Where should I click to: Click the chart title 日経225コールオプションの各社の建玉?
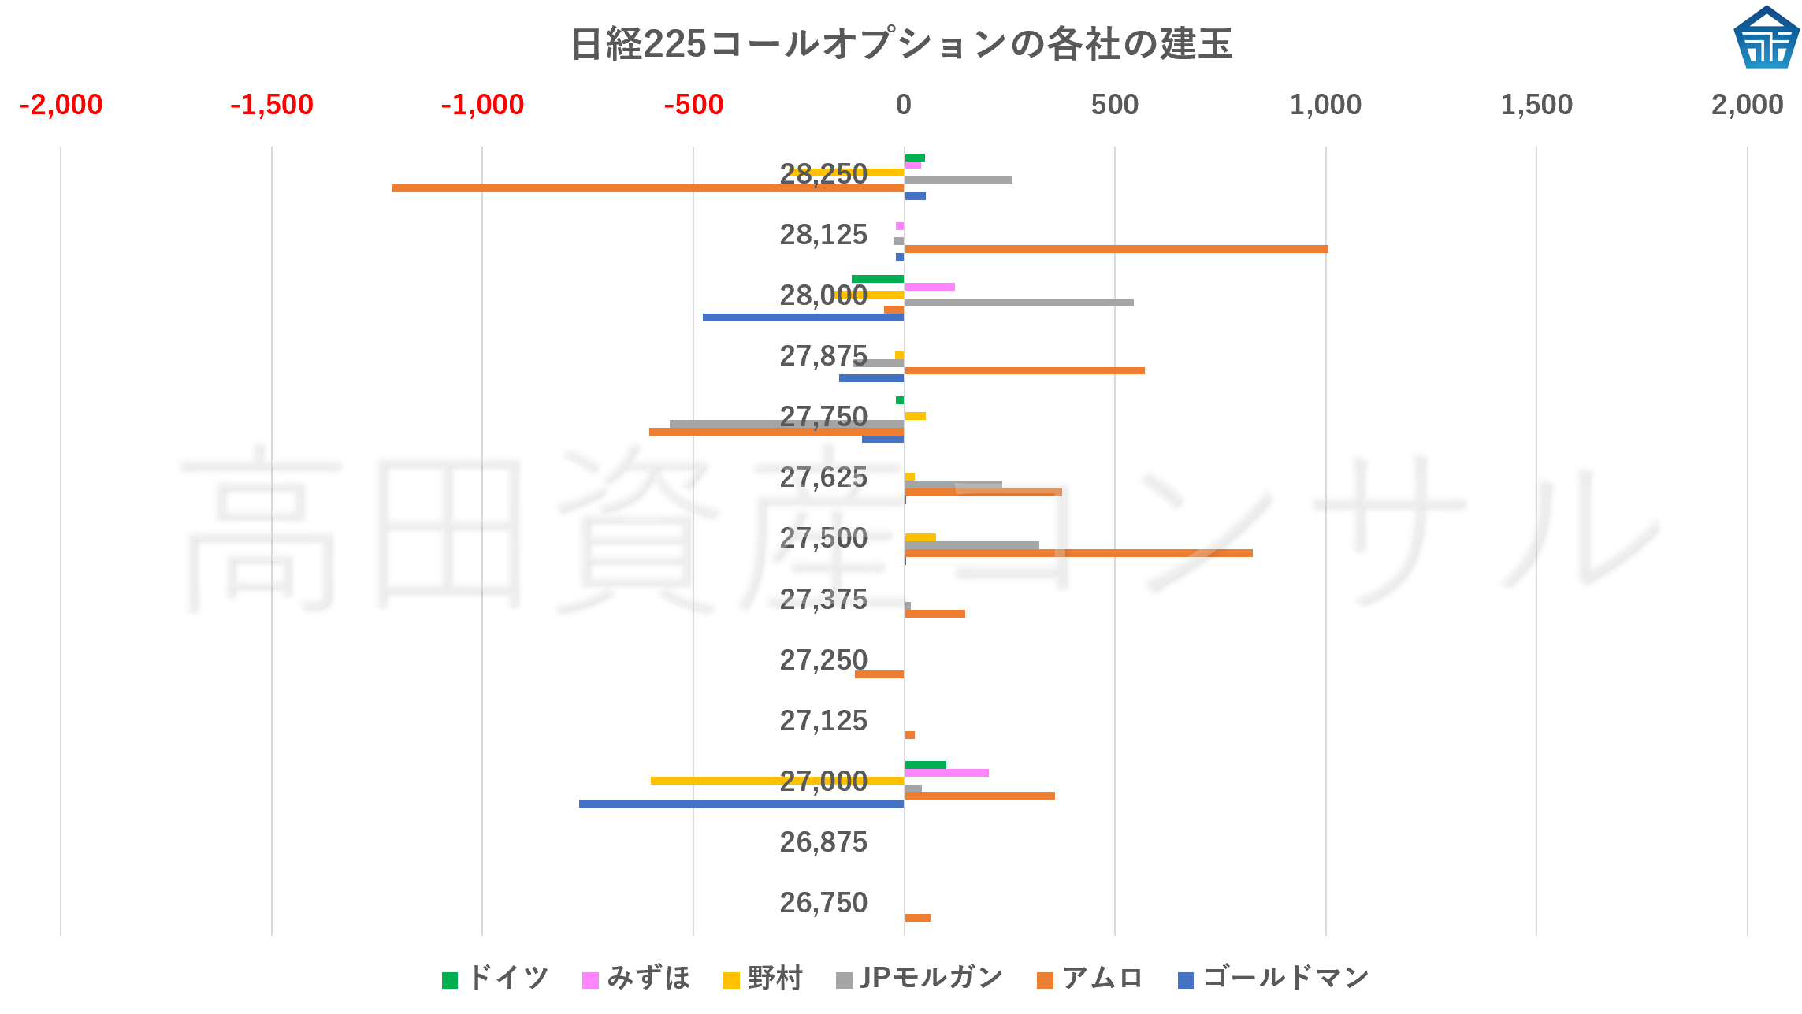coord(901,43)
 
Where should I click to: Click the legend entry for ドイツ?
coord(496,979)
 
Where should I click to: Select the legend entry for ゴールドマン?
coord(1273,979)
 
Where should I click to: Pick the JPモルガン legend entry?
coord(919,979)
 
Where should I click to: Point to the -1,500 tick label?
coord(271,105)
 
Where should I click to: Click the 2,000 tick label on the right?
coord(1746,105)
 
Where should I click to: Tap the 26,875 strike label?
coord(823,842)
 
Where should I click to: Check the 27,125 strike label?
coord(823,721)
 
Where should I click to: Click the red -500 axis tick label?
coord(693,105)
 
